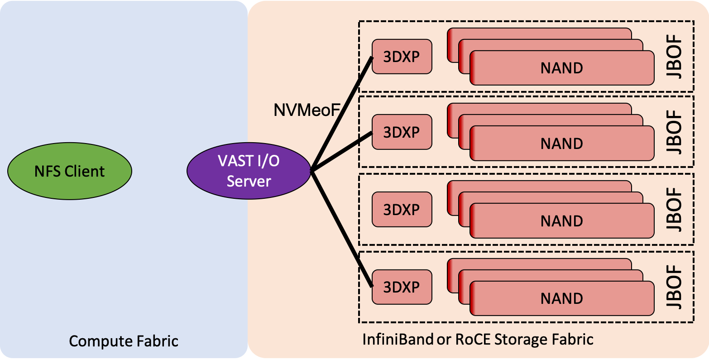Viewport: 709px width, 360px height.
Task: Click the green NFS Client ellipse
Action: click(70, 171)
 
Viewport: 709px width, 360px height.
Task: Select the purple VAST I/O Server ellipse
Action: click(249, 171)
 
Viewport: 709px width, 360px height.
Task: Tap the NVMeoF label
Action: click(307, 110)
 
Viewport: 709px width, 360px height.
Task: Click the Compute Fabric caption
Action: click(124, 341)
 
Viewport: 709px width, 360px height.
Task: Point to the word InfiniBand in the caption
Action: click(398, 339)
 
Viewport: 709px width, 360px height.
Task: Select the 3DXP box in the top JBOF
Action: click(402, 57)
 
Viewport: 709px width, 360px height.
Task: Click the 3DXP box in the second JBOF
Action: click(402, 132)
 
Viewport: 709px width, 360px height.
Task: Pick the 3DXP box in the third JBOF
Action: click(402, 209)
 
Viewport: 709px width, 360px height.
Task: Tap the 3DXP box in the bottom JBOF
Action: click(402, 287)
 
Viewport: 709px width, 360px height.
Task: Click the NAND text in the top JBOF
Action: click(561, 68)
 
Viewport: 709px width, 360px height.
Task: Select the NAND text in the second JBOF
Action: click(561, 144)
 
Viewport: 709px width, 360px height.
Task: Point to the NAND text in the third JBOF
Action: click(561, 221)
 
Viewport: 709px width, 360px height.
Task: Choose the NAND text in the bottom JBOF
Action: click(561, 298)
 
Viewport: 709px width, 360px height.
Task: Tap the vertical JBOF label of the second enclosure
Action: click(675, 132)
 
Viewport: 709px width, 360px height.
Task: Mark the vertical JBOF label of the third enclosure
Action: click(675, 209)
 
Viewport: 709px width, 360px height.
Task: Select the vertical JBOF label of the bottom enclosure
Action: click(675, 287)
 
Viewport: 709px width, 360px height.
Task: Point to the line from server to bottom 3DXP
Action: click(342, 229)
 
